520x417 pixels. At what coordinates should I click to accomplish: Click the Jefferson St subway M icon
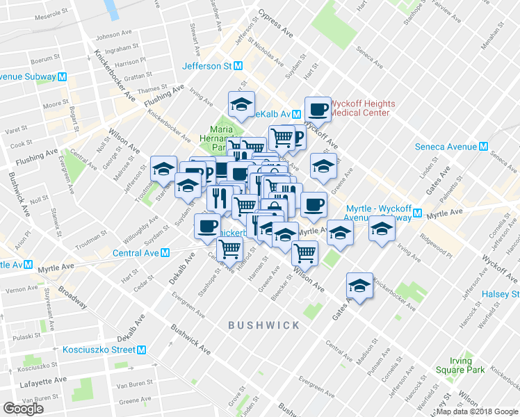click(238, 66)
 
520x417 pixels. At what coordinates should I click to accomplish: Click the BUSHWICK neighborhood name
click(264, 325)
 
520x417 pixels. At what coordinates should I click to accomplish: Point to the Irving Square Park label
click(456, 366)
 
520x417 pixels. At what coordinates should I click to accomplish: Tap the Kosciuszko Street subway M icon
click(141, 350)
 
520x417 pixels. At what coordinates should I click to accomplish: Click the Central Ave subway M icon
click(165, 253)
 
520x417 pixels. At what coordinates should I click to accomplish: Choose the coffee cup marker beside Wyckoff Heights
click(318, 109)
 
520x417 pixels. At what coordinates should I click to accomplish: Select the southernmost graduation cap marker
click(359, 286)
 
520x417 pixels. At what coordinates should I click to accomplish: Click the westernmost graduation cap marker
click(163, 169)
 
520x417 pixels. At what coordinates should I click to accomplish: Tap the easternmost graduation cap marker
click(381, 228)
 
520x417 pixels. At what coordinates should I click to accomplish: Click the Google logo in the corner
click(23, 409)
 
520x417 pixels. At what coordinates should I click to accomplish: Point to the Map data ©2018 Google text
click(478, 411)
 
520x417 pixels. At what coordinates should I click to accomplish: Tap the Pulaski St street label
click(24, 336)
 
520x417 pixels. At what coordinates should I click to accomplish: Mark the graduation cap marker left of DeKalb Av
click(241, 105)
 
